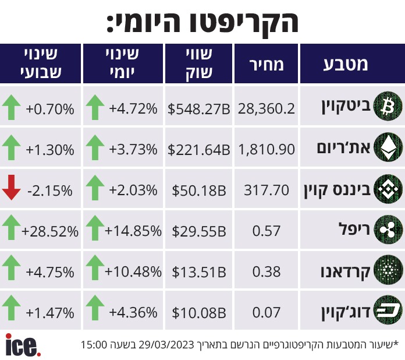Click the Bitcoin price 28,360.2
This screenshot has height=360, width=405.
267,109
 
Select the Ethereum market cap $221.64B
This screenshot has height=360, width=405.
198,150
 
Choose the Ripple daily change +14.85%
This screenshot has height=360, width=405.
133,231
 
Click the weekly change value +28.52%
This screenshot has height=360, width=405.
50,231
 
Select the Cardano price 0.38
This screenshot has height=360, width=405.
267,271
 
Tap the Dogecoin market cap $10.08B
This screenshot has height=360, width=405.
198,313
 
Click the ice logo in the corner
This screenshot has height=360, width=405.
23,345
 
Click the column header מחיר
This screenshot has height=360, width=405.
267,64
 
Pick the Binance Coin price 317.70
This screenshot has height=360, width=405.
267,190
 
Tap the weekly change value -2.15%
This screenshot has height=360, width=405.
50,190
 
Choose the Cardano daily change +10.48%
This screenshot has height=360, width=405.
133,271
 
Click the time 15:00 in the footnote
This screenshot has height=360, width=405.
93,344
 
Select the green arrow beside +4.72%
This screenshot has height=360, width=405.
95,108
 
